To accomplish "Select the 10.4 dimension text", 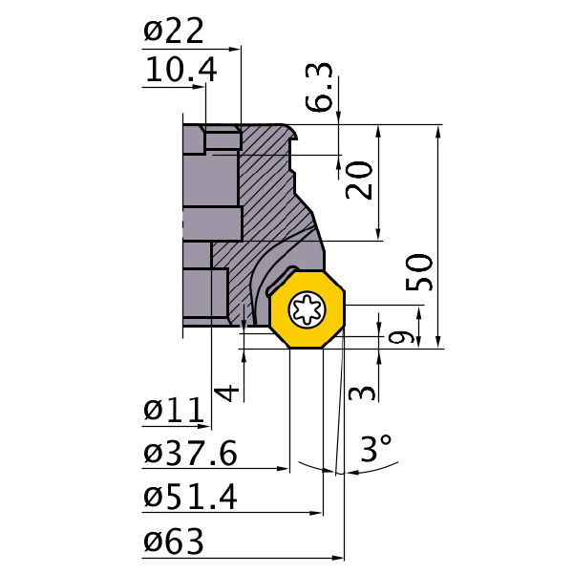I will point(180,70).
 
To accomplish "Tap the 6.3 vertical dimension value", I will point(325,88).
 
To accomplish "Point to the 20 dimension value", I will point(359,179).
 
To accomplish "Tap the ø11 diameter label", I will point(174,411).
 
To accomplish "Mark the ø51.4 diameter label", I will point(190,497).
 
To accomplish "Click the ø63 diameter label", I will point(174,541).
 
